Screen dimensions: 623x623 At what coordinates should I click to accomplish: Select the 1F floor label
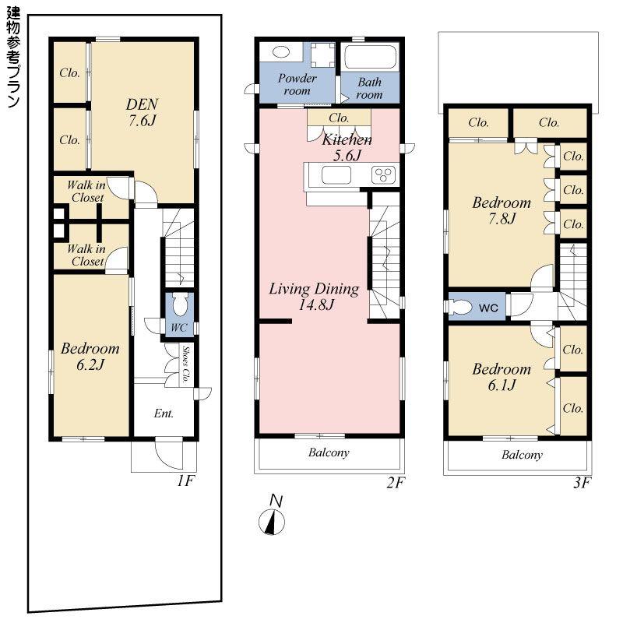click(x=184, y=481)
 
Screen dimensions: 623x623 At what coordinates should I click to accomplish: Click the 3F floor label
click(x=581, y=483)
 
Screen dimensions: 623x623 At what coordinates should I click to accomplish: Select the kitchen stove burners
click(x=383, y=174)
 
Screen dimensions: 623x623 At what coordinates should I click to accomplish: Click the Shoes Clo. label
click(x=187, y=361)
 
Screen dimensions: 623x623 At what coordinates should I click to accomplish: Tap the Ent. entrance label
click(x=163, y=414)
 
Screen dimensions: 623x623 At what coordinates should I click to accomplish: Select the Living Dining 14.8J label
click(x=314, y=297)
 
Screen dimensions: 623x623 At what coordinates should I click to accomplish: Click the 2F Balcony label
click(x=328, y=452)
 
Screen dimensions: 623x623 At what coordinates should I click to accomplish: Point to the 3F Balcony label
click(x=522, y=455)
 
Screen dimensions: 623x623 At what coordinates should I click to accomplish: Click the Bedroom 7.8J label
click(x=502, y=210)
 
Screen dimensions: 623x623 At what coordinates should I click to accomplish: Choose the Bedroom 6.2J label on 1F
click(x=91, y=356)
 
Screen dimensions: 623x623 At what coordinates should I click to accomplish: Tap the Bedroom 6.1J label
click(x=502, y=377)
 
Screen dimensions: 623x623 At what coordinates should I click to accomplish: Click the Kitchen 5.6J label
click(x=347, y=147)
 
